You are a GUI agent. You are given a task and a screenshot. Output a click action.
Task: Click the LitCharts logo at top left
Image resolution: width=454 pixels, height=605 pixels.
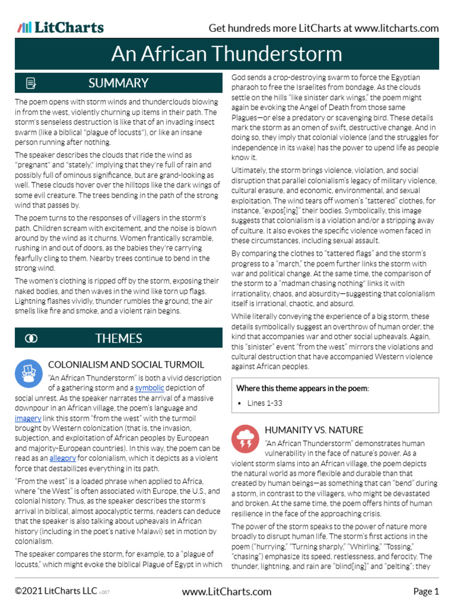pyautogui.click(x=60, y=28)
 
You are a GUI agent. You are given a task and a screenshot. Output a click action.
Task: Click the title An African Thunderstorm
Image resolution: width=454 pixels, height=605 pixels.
pyautogui.click(x=226, y=54)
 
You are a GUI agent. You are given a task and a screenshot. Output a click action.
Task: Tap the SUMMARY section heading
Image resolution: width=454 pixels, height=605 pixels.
pyautogui.click(x=118, y=83)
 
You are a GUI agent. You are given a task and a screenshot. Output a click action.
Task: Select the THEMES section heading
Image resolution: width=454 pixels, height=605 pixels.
pyautogui.click(x=118, y=339)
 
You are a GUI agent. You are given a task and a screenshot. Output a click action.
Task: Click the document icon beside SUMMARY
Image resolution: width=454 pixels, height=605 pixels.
pyautogui.click(x=31, y=83)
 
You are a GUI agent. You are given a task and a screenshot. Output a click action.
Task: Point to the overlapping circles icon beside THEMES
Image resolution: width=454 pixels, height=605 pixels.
pyautogui.click(x=31, y=339)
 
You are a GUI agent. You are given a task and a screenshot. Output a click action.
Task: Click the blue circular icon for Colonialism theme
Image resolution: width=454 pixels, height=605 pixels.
pyautogui.click(x=27, y=372)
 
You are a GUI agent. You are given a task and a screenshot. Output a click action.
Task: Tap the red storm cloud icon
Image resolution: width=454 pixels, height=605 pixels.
pyautogui.click(x=245, y=438)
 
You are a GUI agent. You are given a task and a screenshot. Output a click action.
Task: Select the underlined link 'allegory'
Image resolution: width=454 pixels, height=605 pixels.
pyautogui.click(x=62, y=457)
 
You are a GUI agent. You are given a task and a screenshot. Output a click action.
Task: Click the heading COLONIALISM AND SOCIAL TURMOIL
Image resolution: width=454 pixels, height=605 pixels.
pyautogui.click(x=126, y=365)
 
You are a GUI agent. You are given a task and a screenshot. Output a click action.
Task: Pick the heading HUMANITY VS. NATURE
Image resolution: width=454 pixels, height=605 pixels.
pyautogui.click(x=314, y=430)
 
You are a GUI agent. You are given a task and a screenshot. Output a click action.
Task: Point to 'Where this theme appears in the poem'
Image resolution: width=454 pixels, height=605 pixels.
pyautogui.click(x=302, y=388)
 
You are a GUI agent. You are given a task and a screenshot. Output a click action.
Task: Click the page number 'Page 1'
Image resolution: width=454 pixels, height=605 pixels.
pyautogui.click(x=426, y=591)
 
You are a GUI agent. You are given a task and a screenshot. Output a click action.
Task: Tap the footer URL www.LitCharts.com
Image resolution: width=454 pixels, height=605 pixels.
pyautogui.click(x=226, y=591)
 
